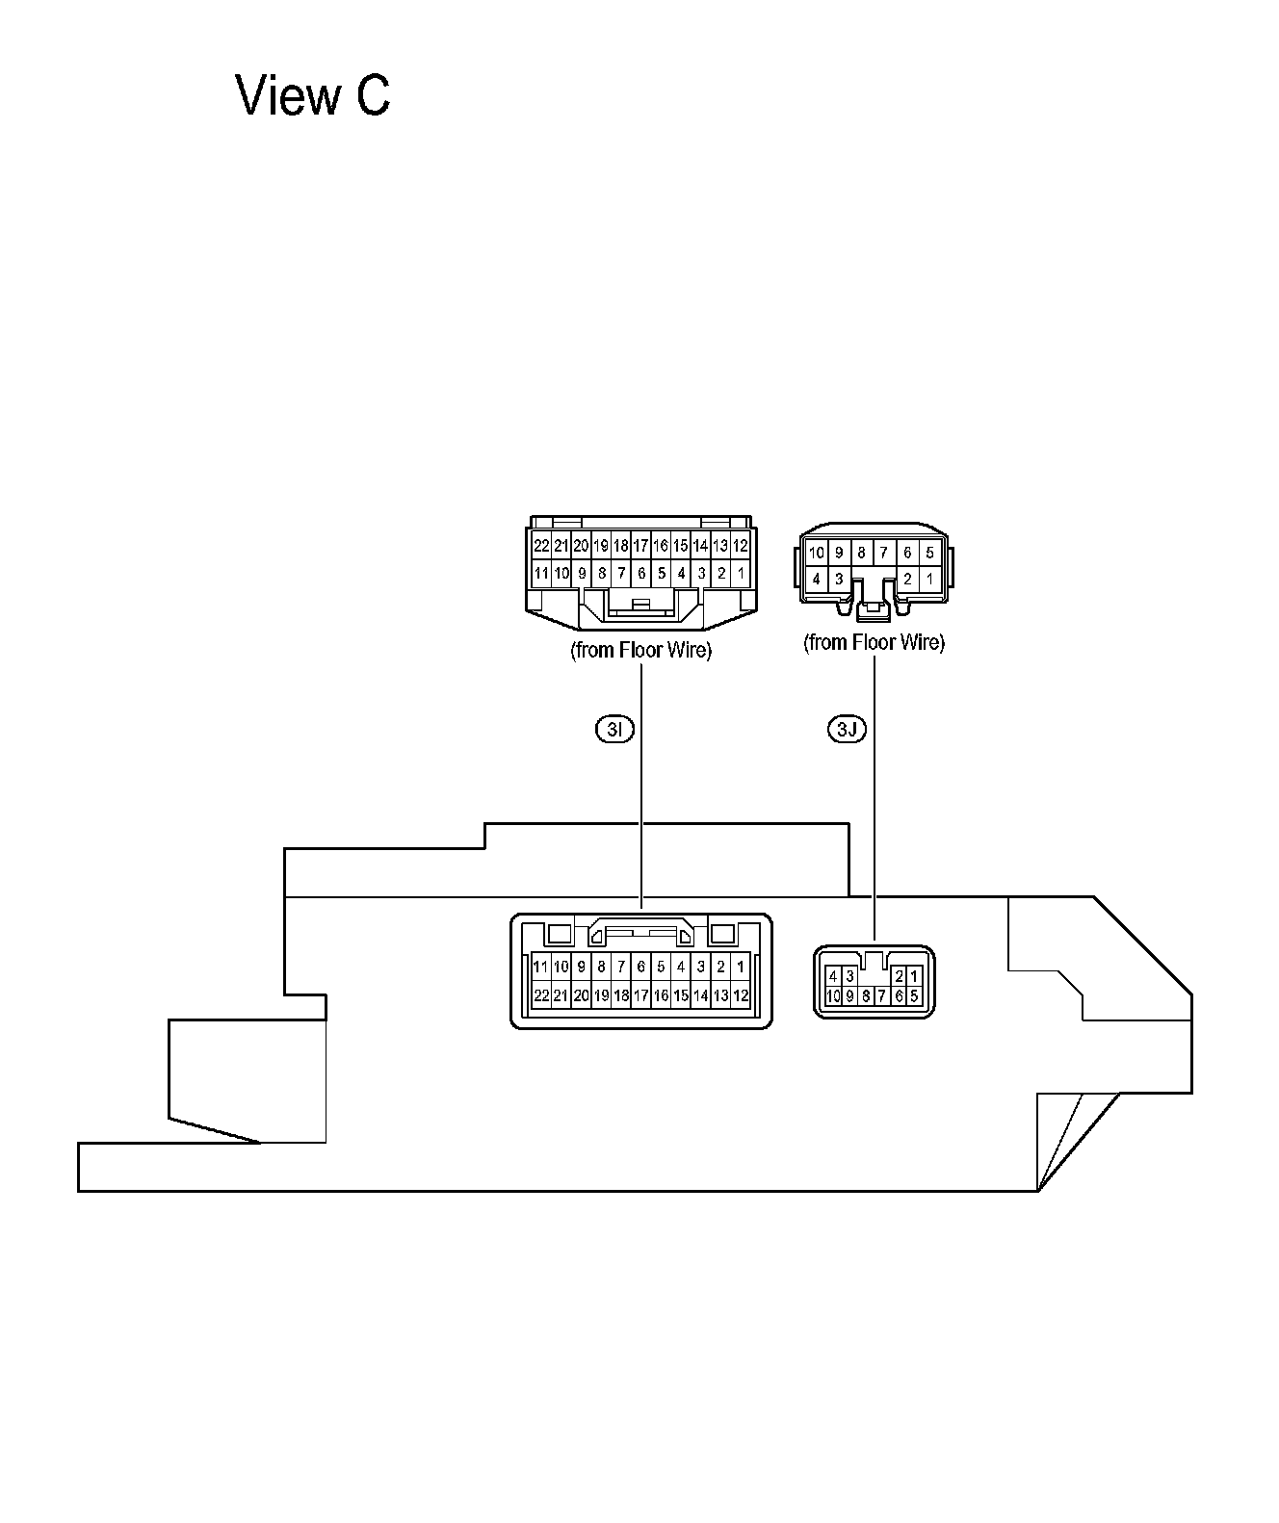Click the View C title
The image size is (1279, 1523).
(312, 95)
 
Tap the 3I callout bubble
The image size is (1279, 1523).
(615, 729)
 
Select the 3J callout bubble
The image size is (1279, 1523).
(847, 729)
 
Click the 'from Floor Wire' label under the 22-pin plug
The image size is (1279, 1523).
(640, 650)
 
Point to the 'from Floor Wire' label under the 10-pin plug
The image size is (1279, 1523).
(874, 643)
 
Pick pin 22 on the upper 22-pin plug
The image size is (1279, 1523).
(541, 546)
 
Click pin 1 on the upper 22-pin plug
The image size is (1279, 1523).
(742, 574)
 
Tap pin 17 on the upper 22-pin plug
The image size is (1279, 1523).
(640, 546)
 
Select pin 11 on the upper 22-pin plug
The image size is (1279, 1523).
(541, 574)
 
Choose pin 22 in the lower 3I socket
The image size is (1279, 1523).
(541, 995)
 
